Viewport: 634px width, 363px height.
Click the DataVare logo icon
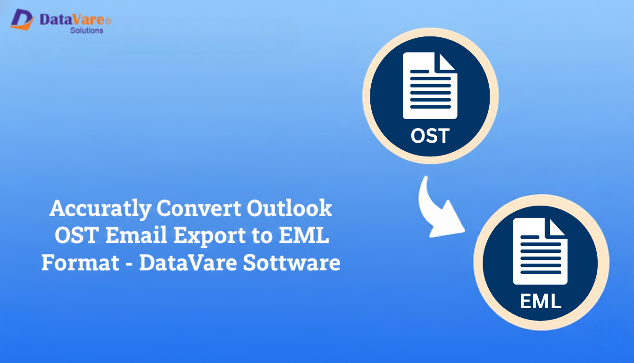22,19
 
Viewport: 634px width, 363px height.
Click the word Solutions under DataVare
86,31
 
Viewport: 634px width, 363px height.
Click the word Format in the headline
80,263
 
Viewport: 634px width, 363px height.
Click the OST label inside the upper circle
430,136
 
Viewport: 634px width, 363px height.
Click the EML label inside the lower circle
541,301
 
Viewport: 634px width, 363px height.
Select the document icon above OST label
430,86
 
